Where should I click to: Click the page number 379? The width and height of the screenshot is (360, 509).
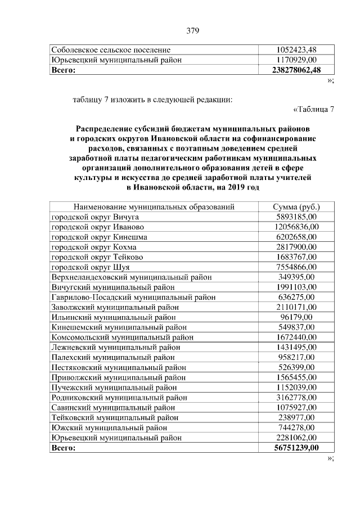coord(193,30)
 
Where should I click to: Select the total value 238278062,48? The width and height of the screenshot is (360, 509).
coord(296,70)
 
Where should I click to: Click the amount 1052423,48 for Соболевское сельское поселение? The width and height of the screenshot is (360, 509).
coord(296,50)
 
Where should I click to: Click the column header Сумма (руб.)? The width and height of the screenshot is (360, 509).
coord(296,207)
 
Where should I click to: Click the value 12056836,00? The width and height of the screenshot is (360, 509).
coord(296,227)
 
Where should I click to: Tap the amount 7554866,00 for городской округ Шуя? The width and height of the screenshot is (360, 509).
coord(296,267)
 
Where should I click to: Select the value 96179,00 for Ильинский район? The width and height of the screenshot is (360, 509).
coord(296,317)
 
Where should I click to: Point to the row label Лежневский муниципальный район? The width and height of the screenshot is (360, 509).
coord(116,348)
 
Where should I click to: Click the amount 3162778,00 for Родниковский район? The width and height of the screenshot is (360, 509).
coord(296,398)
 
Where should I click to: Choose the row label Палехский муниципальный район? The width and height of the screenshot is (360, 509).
coord(113,357)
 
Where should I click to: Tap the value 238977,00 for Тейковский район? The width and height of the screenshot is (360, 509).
coord(296,417)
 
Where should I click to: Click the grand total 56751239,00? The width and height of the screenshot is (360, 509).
coord(296,448)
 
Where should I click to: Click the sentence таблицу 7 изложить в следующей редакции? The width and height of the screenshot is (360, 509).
coord(152,100)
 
